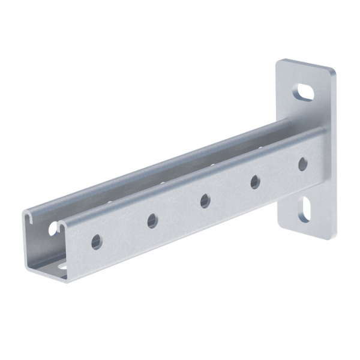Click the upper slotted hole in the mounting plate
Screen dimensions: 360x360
[304, 92]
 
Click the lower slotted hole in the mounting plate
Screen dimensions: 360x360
[304, 211]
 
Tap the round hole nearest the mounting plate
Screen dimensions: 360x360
[303, 163]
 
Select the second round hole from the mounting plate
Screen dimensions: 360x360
[255, 181]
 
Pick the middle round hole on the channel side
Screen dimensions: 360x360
[205, 200]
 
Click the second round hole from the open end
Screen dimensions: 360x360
[152, 221]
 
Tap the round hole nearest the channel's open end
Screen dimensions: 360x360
[97, 242]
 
